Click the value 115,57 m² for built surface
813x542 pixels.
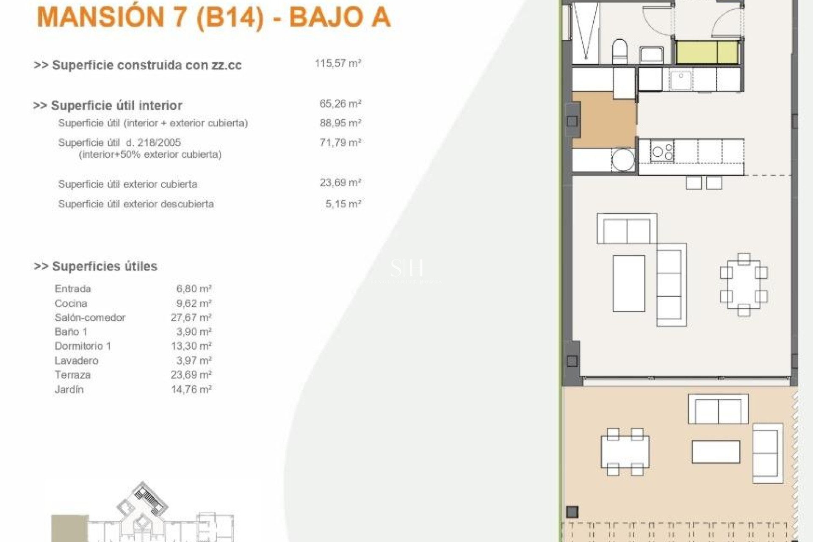(x=337, y=64)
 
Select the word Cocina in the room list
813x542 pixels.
(x=71, y=304)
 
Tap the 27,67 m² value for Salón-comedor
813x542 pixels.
(x=191, y=318)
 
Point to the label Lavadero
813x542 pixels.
(x=76, y=361)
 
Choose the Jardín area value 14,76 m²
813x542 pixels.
(x=191, y=390)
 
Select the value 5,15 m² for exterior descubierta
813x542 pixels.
(x=343, y=204)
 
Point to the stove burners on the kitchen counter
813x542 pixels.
(x=662, y=152)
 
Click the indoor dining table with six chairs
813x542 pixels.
(x=744, y=285)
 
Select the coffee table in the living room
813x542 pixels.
(x=629, y=283)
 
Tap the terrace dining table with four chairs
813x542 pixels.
(x=625, y=451)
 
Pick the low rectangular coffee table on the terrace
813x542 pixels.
(x=716, y=452)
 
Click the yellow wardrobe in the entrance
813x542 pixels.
(x=707, y=53)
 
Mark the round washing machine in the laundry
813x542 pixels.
(x=623, y=159)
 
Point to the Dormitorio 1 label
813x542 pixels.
(x=83, y=346)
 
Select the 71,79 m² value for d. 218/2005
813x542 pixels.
(x=340, y=143)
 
